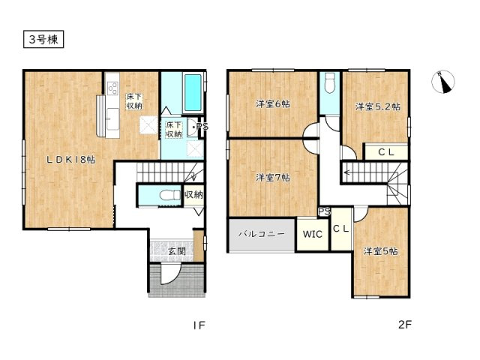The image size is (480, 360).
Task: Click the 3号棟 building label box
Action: point(43,39)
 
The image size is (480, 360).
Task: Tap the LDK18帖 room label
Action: point(70,160)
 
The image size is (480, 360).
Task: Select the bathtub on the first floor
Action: point(193,92)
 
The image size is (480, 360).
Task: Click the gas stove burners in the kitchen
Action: point(112,88)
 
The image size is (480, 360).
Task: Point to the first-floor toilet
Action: point(170,195)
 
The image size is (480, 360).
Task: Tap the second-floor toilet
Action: point(330,82)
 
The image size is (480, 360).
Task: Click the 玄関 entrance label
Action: point(177,251)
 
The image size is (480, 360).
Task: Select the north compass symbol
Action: point(443,82)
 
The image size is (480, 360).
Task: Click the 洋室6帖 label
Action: point(273,104)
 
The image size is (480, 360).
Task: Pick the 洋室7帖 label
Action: point(273,178)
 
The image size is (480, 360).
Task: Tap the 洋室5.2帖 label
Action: point(377,106)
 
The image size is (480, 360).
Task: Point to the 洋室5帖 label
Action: point(380,251)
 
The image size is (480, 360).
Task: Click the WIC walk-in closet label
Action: point(313,235)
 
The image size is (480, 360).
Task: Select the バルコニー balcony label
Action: point(262,234)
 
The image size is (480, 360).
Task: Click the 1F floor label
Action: point(199,325)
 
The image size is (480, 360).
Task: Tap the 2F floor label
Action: point(405,325)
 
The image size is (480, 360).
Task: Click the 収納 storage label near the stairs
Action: point(193,194)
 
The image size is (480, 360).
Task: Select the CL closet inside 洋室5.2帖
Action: point(386,151)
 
